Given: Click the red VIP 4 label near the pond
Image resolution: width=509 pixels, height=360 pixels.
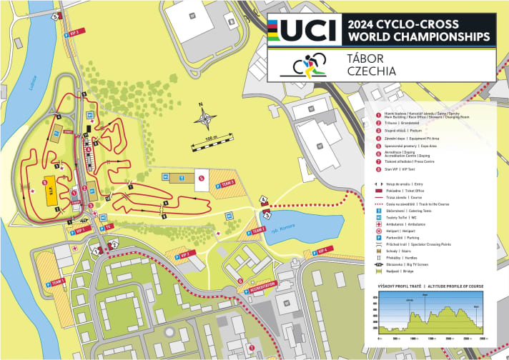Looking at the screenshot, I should [x=322, y=251].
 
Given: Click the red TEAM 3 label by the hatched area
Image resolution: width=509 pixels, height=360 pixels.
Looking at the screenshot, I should [x=228, y=183].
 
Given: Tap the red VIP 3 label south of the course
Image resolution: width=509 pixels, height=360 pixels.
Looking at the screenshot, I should [x=184, y=254].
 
